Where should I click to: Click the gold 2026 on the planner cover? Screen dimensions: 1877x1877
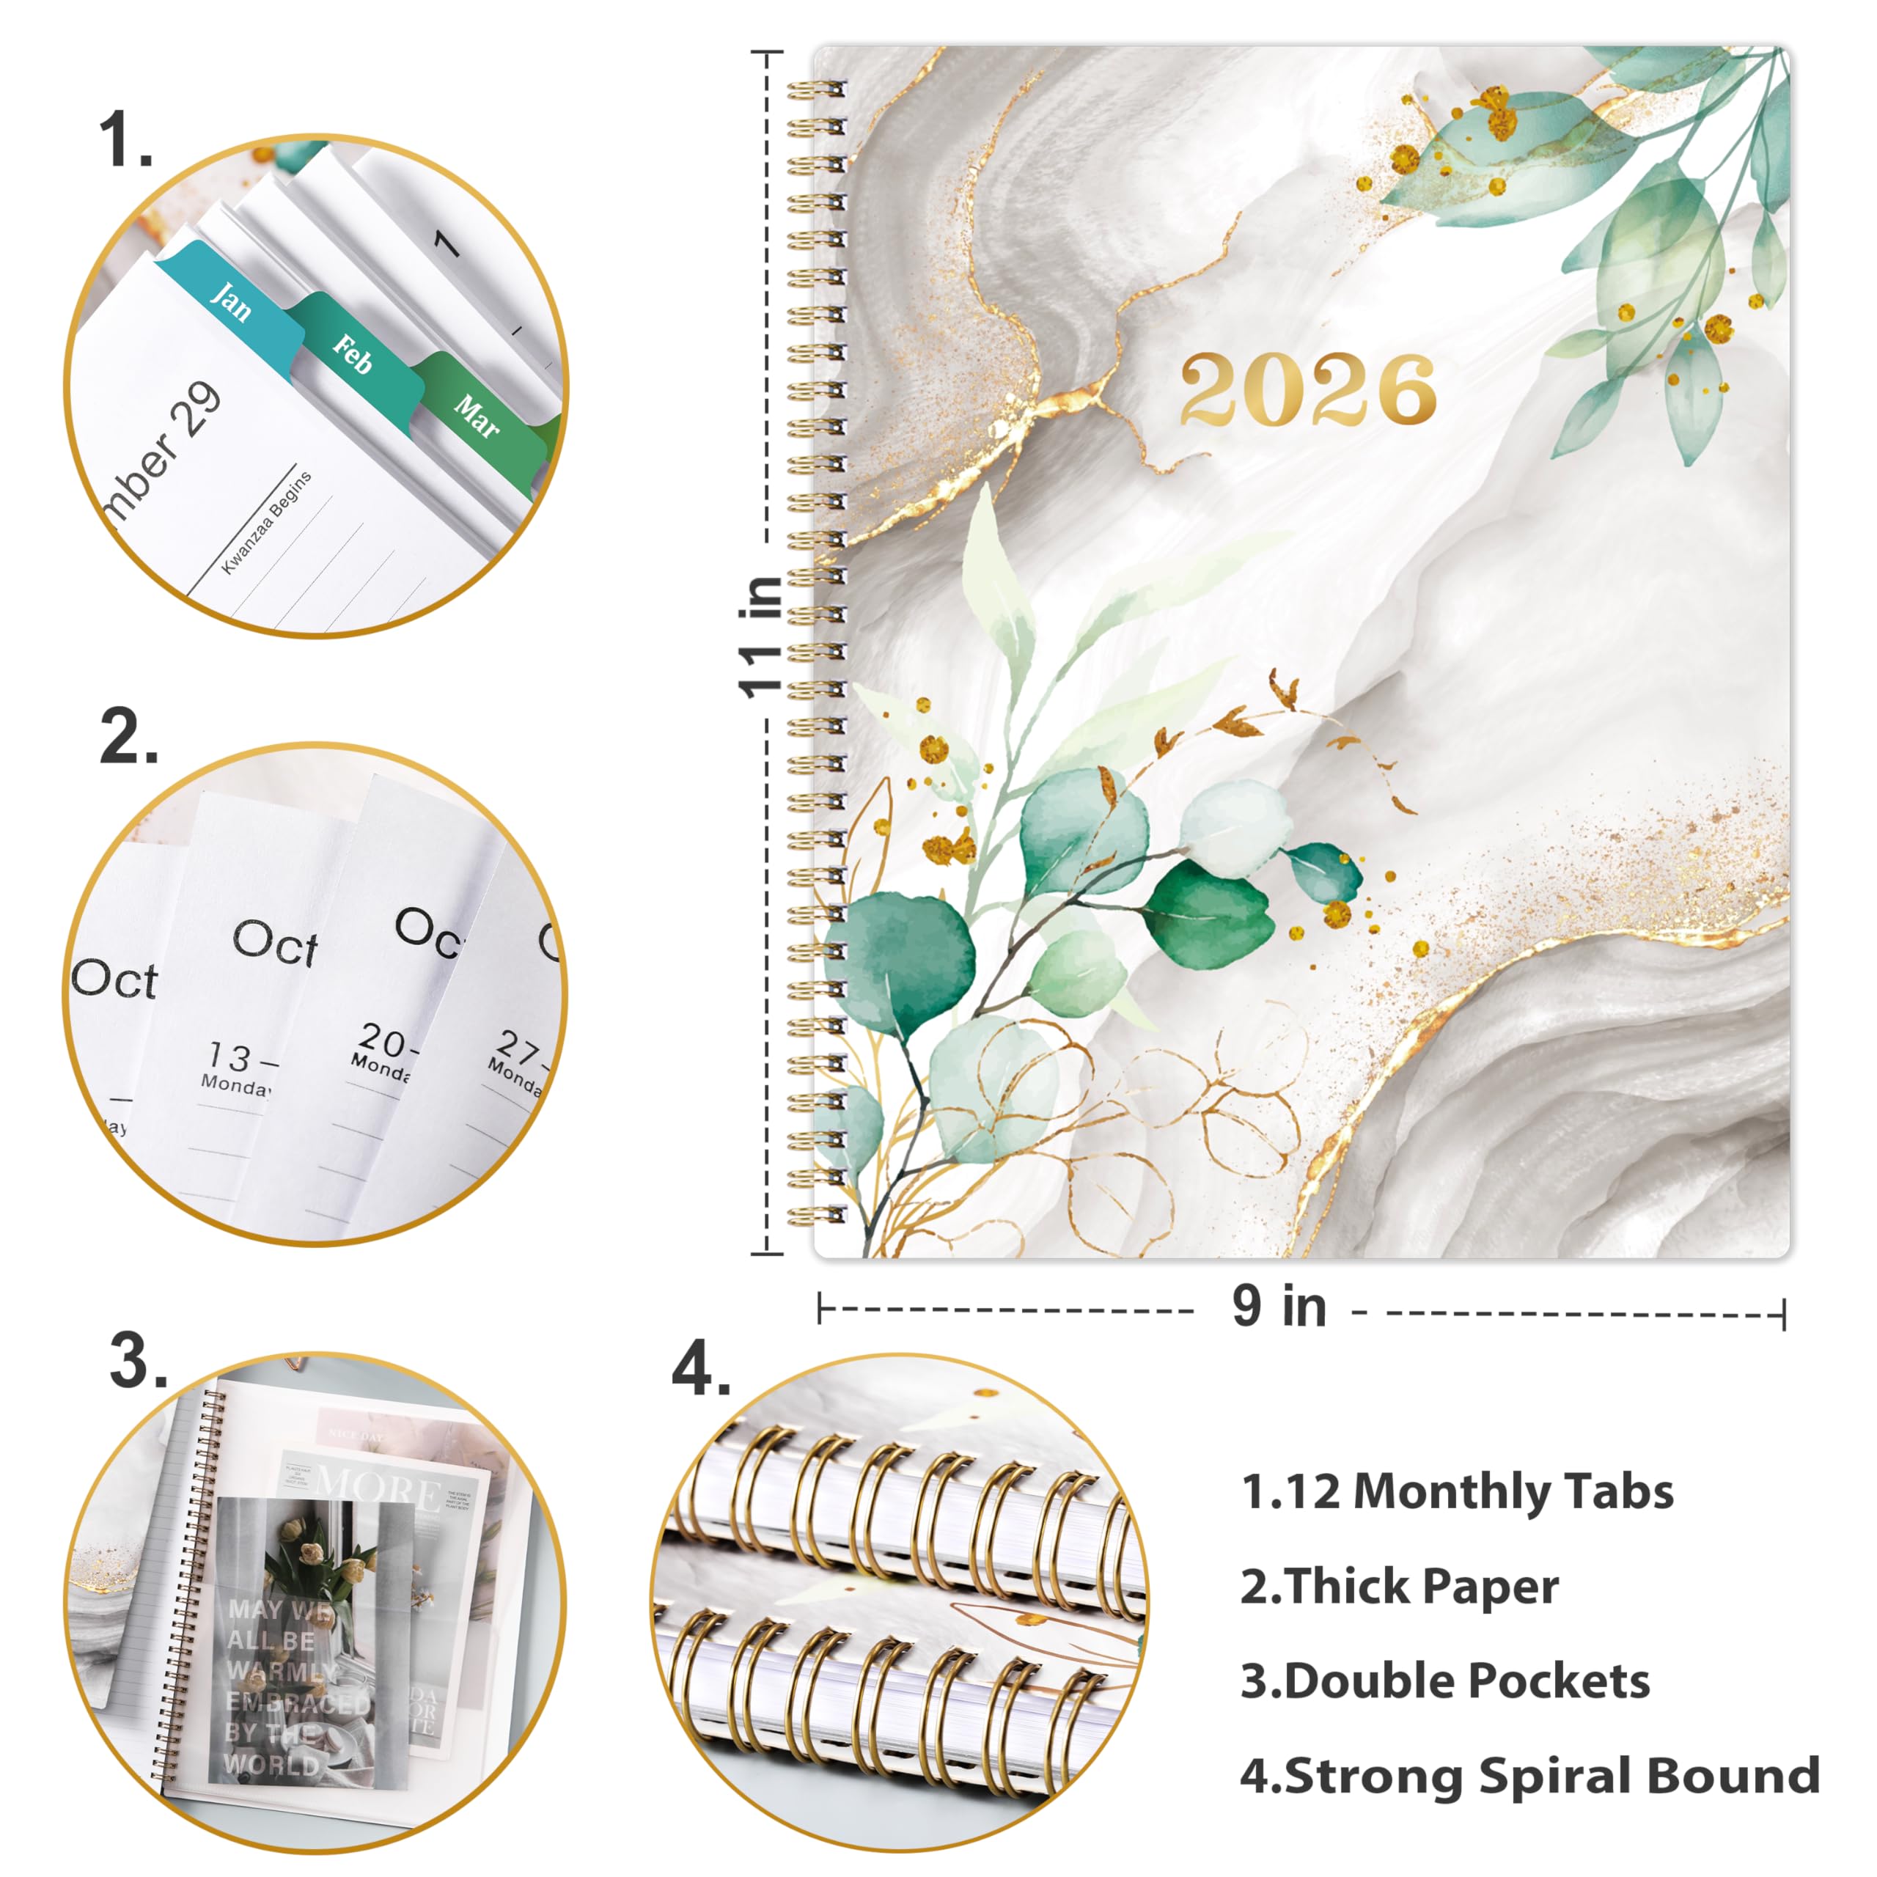(x=1308, y=389)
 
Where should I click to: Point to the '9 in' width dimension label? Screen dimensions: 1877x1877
(x=1279, y=1307)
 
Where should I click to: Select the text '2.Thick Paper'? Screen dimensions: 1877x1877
(x=1399, y=1587)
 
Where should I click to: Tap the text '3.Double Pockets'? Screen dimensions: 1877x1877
(x=1444, y=1682)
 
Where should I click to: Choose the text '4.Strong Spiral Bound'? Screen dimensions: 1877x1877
(x=1529, y=1776)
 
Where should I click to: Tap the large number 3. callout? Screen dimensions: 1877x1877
(x=138, y=1360)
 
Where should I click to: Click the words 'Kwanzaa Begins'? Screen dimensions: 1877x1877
(x=266, y=522)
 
